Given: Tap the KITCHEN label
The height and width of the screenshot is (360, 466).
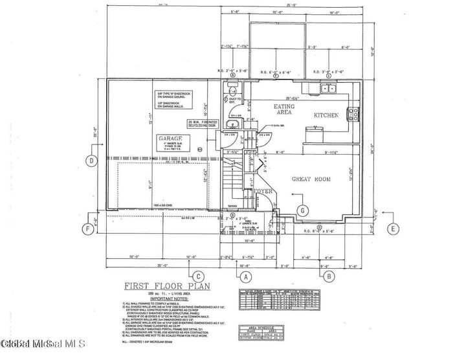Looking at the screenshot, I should click(327, 115).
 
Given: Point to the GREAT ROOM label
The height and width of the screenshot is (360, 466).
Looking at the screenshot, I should click(315, 178).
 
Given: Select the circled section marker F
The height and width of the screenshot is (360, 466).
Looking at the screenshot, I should click(86, 228).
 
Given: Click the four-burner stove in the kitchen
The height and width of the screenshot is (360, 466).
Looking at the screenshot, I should click(354, 115).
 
